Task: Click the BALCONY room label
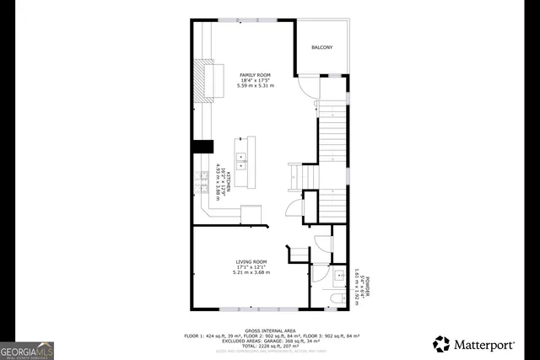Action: click(x=321, y=47)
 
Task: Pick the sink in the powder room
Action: click(x=340, y=275)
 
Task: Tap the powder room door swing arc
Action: click(x=323, y=243)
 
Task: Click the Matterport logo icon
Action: click(x=441, y=343)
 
